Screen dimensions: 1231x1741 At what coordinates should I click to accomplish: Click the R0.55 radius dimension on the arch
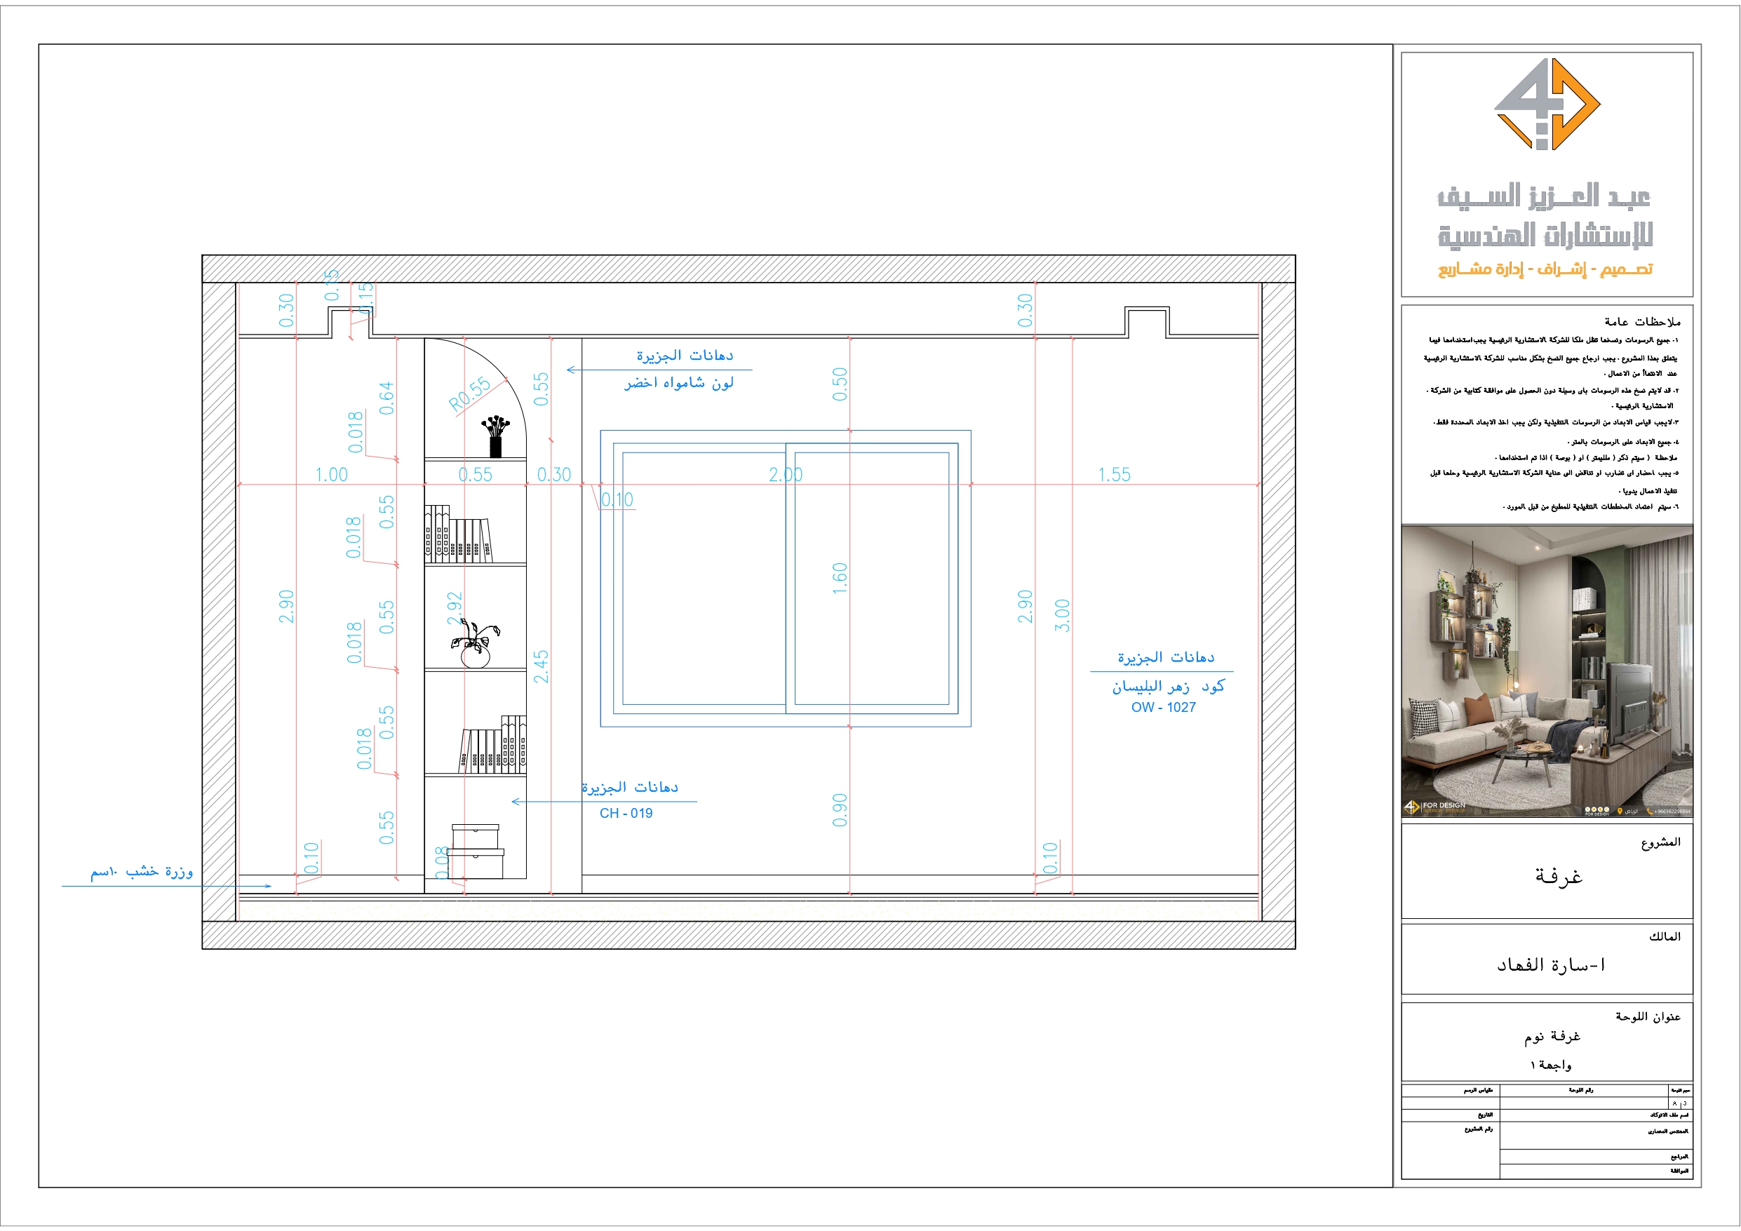tap(470, 393)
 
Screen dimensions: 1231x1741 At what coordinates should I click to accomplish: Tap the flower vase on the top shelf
tap(495, 436)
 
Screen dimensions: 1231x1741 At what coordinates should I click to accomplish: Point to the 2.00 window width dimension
tap(786, 475)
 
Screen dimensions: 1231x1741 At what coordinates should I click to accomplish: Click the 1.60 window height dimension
tap(840, 578)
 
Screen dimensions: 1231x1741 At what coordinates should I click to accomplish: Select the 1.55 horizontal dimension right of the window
tap(1114, 475)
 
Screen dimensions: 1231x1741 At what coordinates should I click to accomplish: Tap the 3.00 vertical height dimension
tap(1062, 615)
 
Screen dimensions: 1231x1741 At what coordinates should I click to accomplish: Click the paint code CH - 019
tap(626, 813)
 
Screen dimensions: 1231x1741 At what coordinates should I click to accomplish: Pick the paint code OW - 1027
tap(1163, 707)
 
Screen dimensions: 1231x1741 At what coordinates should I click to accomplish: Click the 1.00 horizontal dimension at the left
tap(331, 475)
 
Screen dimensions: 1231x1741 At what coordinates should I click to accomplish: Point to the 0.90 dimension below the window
tap(840, 810)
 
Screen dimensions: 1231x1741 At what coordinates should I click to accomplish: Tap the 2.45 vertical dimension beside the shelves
tap(541, 666)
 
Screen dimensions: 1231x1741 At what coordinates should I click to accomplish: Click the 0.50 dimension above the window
tap(840, 384)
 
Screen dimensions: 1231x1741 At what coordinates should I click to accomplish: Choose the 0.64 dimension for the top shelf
tap(386, 398)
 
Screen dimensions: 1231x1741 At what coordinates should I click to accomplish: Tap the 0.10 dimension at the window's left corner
tap(617, 500)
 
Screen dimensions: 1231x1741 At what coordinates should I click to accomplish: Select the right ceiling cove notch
tap(1146, 321)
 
